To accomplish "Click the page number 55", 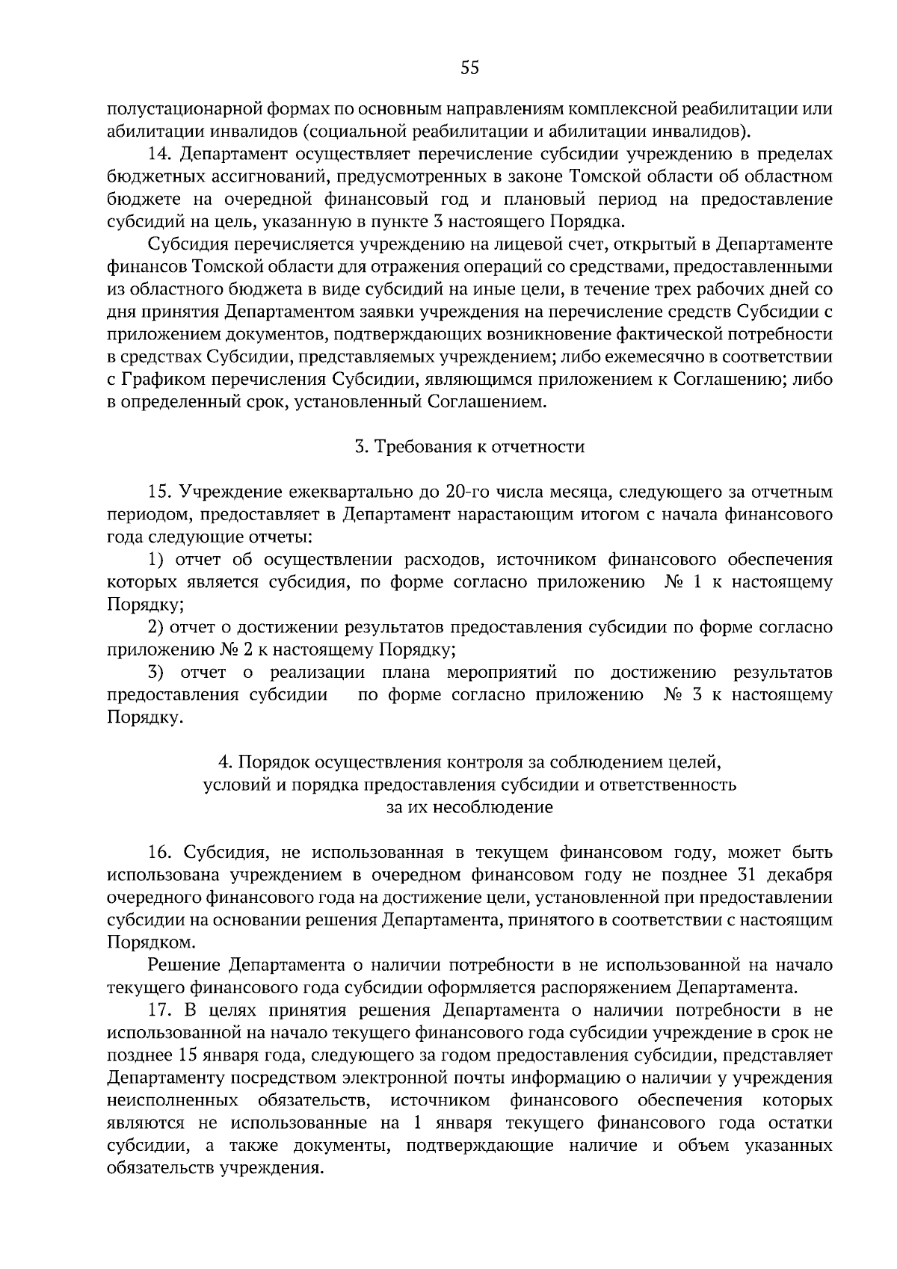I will (x=469, y=69).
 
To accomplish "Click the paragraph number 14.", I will (x=160, y=155).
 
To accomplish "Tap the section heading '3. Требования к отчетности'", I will (x=469, y=447).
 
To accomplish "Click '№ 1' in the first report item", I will (x=682, y=582).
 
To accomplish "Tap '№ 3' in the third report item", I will (x=682, y=694).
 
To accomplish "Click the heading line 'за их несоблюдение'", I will (x=469, y=807).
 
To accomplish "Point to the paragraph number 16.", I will (x=160, y=853).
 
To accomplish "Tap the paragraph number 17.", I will (x=160, y=1010).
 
